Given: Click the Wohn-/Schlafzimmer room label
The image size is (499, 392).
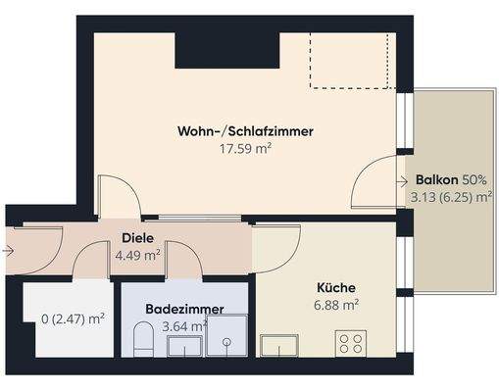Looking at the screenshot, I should (x=245, y=131).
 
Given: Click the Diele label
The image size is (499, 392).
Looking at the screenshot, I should (x=137, y=238).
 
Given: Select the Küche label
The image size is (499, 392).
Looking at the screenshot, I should (x=335, y=288).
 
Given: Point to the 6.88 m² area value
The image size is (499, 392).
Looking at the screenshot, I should (x=335, y=306).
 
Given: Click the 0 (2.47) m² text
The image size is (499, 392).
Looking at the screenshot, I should (x=74, y=318).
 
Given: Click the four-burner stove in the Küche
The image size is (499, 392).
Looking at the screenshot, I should (x=351, y=344).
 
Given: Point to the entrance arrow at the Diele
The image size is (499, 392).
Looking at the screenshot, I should (x=9, y=251).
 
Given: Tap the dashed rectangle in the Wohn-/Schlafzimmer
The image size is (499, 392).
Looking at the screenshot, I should (x=353, y=60).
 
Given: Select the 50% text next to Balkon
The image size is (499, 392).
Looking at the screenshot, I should (x=475, y=181).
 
